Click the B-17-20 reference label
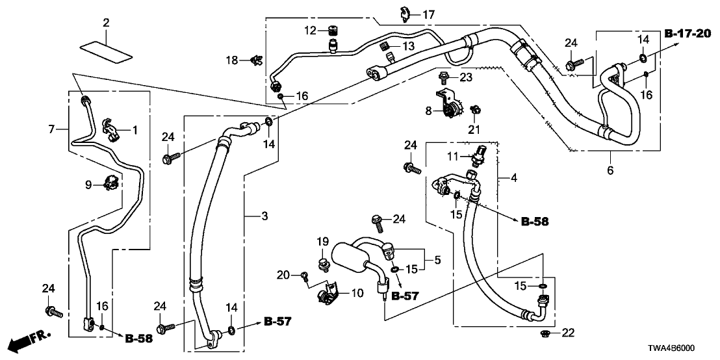tap(688, 33)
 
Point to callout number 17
tap(429, 14)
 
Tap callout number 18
tap(233, 60)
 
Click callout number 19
tap(323, 242)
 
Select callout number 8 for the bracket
tap(429, 111)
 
